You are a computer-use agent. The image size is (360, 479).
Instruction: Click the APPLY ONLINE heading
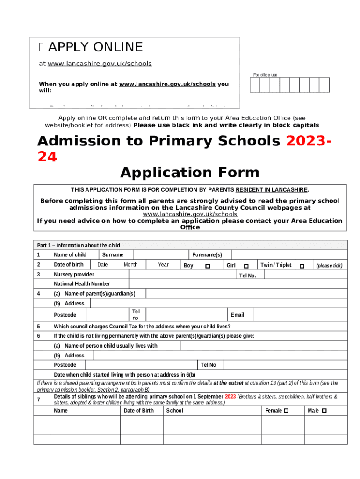coord(95,47)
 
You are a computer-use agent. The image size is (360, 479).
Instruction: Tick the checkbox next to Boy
coord(208,266)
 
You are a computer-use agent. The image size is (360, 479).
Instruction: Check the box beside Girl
coord(246,266)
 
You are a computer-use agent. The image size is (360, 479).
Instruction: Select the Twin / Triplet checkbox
coord(302,266)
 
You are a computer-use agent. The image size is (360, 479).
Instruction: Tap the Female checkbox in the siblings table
coord(286,411)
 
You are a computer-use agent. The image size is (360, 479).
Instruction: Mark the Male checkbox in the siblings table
coord(324,411)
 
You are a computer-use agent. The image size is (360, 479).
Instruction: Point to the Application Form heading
coord(189,173)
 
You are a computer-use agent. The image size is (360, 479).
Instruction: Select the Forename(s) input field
coord(289,255)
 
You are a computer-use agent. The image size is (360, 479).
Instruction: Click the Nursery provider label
coord(74,275)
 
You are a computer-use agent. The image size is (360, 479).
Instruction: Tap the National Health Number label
coord(82,284)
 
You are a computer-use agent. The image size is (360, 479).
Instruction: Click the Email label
coord(237,315)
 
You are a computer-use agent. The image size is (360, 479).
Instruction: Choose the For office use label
coord(265,75)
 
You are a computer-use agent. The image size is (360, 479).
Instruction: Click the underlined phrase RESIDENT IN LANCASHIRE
coord(272,190)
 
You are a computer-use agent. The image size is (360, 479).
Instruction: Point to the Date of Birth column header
coord(138,411)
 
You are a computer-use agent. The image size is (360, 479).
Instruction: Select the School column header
coord(175,411)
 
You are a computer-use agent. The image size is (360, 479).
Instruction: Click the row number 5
coord(38,327)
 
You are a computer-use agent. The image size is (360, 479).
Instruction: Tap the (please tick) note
coord(329,266)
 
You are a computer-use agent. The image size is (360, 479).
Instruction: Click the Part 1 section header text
coord(79,245)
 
